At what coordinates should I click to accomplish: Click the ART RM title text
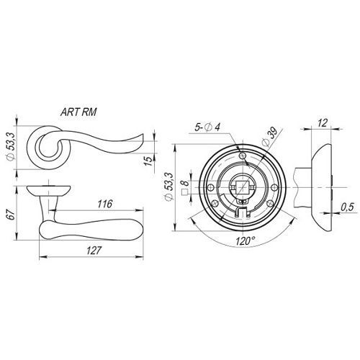(78, 112)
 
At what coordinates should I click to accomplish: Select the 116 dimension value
(104, 204)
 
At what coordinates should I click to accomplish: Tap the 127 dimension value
(94, 251)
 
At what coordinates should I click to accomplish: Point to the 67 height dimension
(12, 214)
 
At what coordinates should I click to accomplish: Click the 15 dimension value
(149, 161)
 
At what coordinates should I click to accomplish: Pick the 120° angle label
(245, 241)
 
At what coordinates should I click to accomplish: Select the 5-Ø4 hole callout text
(207, 127)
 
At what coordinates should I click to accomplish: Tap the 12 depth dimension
(322, 123)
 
